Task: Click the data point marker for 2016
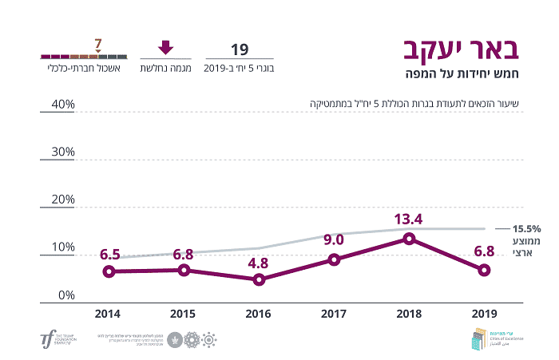pyautogui.click(x=259, y=279)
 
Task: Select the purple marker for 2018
pyautogui.click(x=409, y=238)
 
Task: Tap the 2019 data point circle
pyautogui.click(x=484, y=270)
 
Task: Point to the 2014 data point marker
pyautogui.click(x=109, y=271)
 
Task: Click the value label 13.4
pyautogui.click(x=408, y=219)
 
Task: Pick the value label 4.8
pyautogui.click(x=259, y=261)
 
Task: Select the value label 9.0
pyautogui.click(x=334, y=239)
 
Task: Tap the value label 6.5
pyautogui.click(x=109, y=254)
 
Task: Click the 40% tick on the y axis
pyautogui.click(x=58, y=105)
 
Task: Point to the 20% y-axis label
pyautogui.click(x=58, y=200)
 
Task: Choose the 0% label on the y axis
pyautogui.click(x=62, y=295)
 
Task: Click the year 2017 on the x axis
pyautogui.click(x=334, y=315)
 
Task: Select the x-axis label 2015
pyautogui.click(x=184, y=315)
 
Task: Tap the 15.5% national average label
pyautogui.click(x=527, y=228)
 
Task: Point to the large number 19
pyautogui.click(x=240, y=49)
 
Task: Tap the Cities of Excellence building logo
pyautogui.click(x=478, y=338)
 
